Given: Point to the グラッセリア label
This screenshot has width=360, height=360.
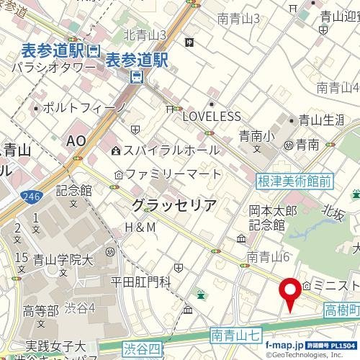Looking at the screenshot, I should coord(174,205).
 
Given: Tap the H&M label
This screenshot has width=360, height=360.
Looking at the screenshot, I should coord(140,228).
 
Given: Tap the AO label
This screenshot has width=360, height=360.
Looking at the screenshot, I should coord(76,143).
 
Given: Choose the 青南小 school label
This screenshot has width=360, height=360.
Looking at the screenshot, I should coord(256,134).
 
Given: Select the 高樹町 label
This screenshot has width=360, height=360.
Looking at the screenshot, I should coord(338,310).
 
